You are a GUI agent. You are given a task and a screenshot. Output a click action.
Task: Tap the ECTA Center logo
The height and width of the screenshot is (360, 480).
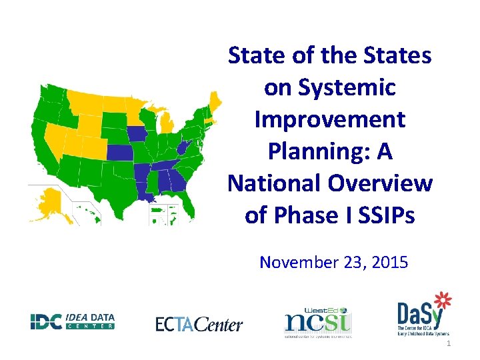(x=199, y=324)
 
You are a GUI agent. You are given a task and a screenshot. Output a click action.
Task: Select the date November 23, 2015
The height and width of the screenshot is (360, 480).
(x=333, y=262)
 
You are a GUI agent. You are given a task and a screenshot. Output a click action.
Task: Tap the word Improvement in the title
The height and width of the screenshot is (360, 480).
(x=329, y=119)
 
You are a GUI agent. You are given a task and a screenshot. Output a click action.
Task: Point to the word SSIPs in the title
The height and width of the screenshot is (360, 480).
(x=385, y=215)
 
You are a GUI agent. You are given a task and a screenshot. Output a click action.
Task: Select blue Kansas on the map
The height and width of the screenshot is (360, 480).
(x=119, y=153)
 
